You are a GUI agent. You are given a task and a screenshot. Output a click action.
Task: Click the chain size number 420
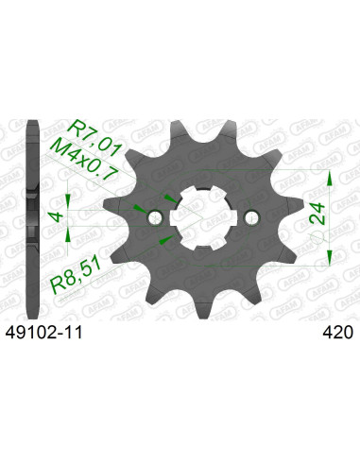(337, 333)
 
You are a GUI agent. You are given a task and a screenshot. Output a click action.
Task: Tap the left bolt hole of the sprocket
(155, 218)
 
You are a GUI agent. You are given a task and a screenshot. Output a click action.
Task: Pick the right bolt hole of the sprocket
(250, 218)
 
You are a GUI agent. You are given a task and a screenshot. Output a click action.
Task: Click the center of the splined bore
(202, 218)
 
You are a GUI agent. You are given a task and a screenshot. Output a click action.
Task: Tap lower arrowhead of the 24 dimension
(329, 259)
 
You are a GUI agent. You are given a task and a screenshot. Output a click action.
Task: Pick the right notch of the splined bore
(235, 218)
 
